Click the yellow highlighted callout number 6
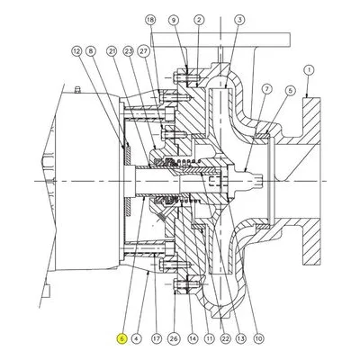coord(122,338)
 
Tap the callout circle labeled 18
coord(150,20)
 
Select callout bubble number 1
coord(309,70)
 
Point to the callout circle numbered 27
coord(143,51)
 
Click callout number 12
coord(76,51)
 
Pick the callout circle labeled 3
coord(239,20)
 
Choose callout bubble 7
coord(266,89)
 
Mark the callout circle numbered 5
coord(290,90)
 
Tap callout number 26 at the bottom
coord(174,339)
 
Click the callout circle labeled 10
coord(259,339)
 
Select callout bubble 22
coord(225,339)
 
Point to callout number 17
coord(157,339)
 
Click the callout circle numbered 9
coord(174,20)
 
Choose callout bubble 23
coord(128,51)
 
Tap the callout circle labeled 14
coord(193,339)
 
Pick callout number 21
coord(112,51)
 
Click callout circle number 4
coord(136,339)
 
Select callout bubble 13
coord(240,339)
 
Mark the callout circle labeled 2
coord(199,20)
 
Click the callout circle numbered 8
coord(90,51)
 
